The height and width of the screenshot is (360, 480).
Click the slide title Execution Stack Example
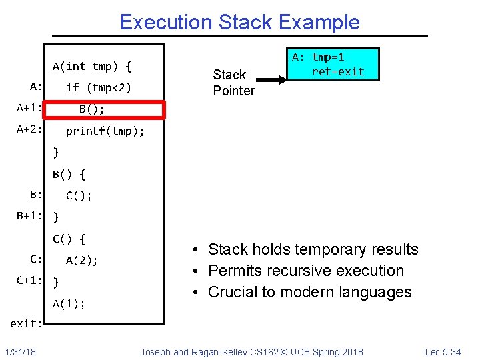click(239, 22)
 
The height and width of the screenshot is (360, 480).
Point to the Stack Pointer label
click(234, 83)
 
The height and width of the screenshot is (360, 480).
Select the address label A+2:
click(30, 129)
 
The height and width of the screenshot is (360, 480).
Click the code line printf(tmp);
click(105, 131)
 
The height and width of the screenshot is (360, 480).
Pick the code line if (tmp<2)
click(99, 87)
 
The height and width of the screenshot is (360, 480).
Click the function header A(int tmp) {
click(92, 66)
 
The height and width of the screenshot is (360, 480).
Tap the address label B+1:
click(30, 216)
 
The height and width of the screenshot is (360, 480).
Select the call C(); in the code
click(79, 195)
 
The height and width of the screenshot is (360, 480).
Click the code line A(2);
click(81, 261)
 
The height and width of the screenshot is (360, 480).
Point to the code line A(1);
click(69, 303)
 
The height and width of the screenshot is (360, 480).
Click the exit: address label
click(27, 324)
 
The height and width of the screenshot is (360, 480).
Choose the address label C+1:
click(30, 281)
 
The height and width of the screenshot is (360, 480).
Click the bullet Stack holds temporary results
click(313, 249)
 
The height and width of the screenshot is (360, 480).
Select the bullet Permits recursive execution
click(306, 271)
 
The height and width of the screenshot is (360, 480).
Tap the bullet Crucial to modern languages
click(310, 292)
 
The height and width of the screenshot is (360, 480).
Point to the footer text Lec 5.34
click(442, 351)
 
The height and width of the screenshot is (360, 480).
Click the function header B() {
click(69, 175)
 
